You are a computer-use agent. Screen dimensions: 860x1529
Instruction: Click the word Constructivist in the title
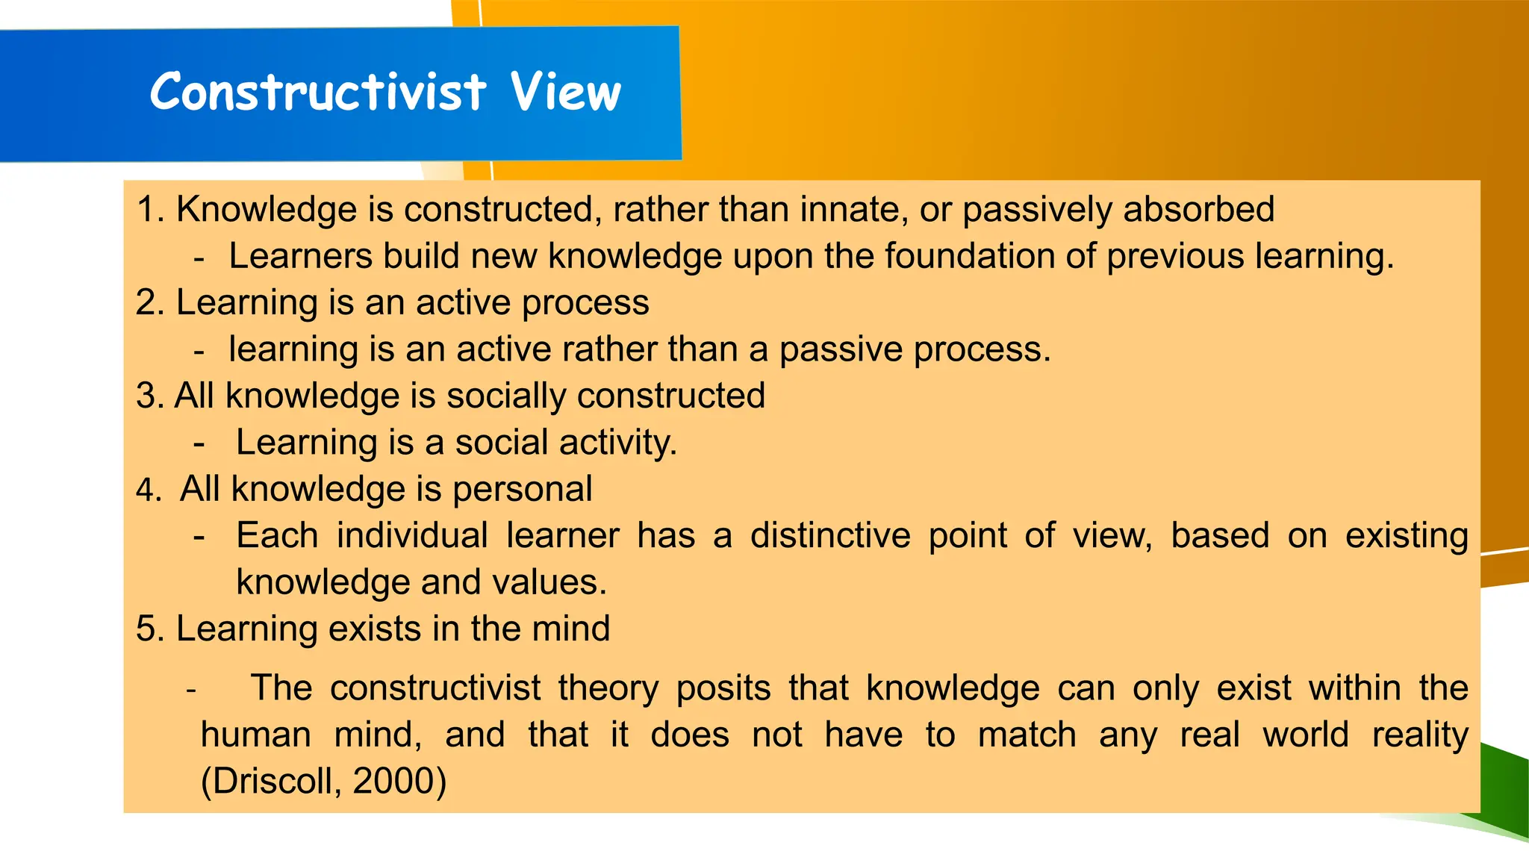[318, 92]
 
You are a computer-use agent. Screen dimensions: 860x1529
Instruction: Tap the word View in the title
[566, 92]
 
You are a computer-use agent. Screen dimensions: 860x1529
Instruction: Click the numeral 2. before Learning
[150, 303]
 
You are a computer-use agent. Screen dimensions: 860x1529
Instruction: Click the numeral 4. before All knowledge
[149, 490]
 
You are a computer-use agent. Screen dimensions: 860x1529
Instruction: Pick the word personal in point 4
[522, 490]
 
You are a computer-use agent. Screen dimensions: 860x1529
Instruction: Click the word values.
[562, 582]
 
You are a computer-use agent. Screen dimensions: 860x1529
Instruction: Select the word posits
[723, 688]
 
